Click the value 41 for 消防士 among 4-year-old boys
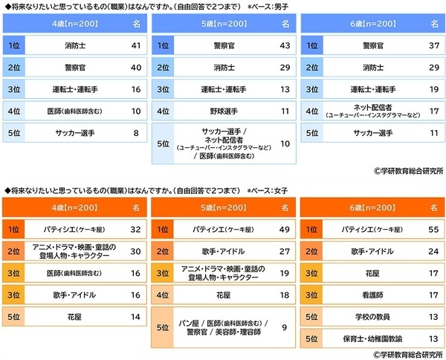pyautogui.click(x=135, y=46)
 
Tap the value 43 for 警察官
pyautogui.click(x=283, y=46)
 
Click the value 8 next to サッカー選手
pyautogui.click(x=135, y=133)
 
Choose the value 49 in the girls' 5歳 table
pyautogui.click(x=283, y=229)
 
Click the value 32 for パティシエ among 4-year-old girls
pyautogui.click(x=135, y=229)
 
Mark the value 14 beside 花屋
pyautogui.click(x=135, y=317)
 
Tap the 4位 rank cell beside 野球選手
pyautogui.click(x=163, y=112)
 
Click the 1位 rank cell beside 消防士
pyautogui.click(x=14, y=46)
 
